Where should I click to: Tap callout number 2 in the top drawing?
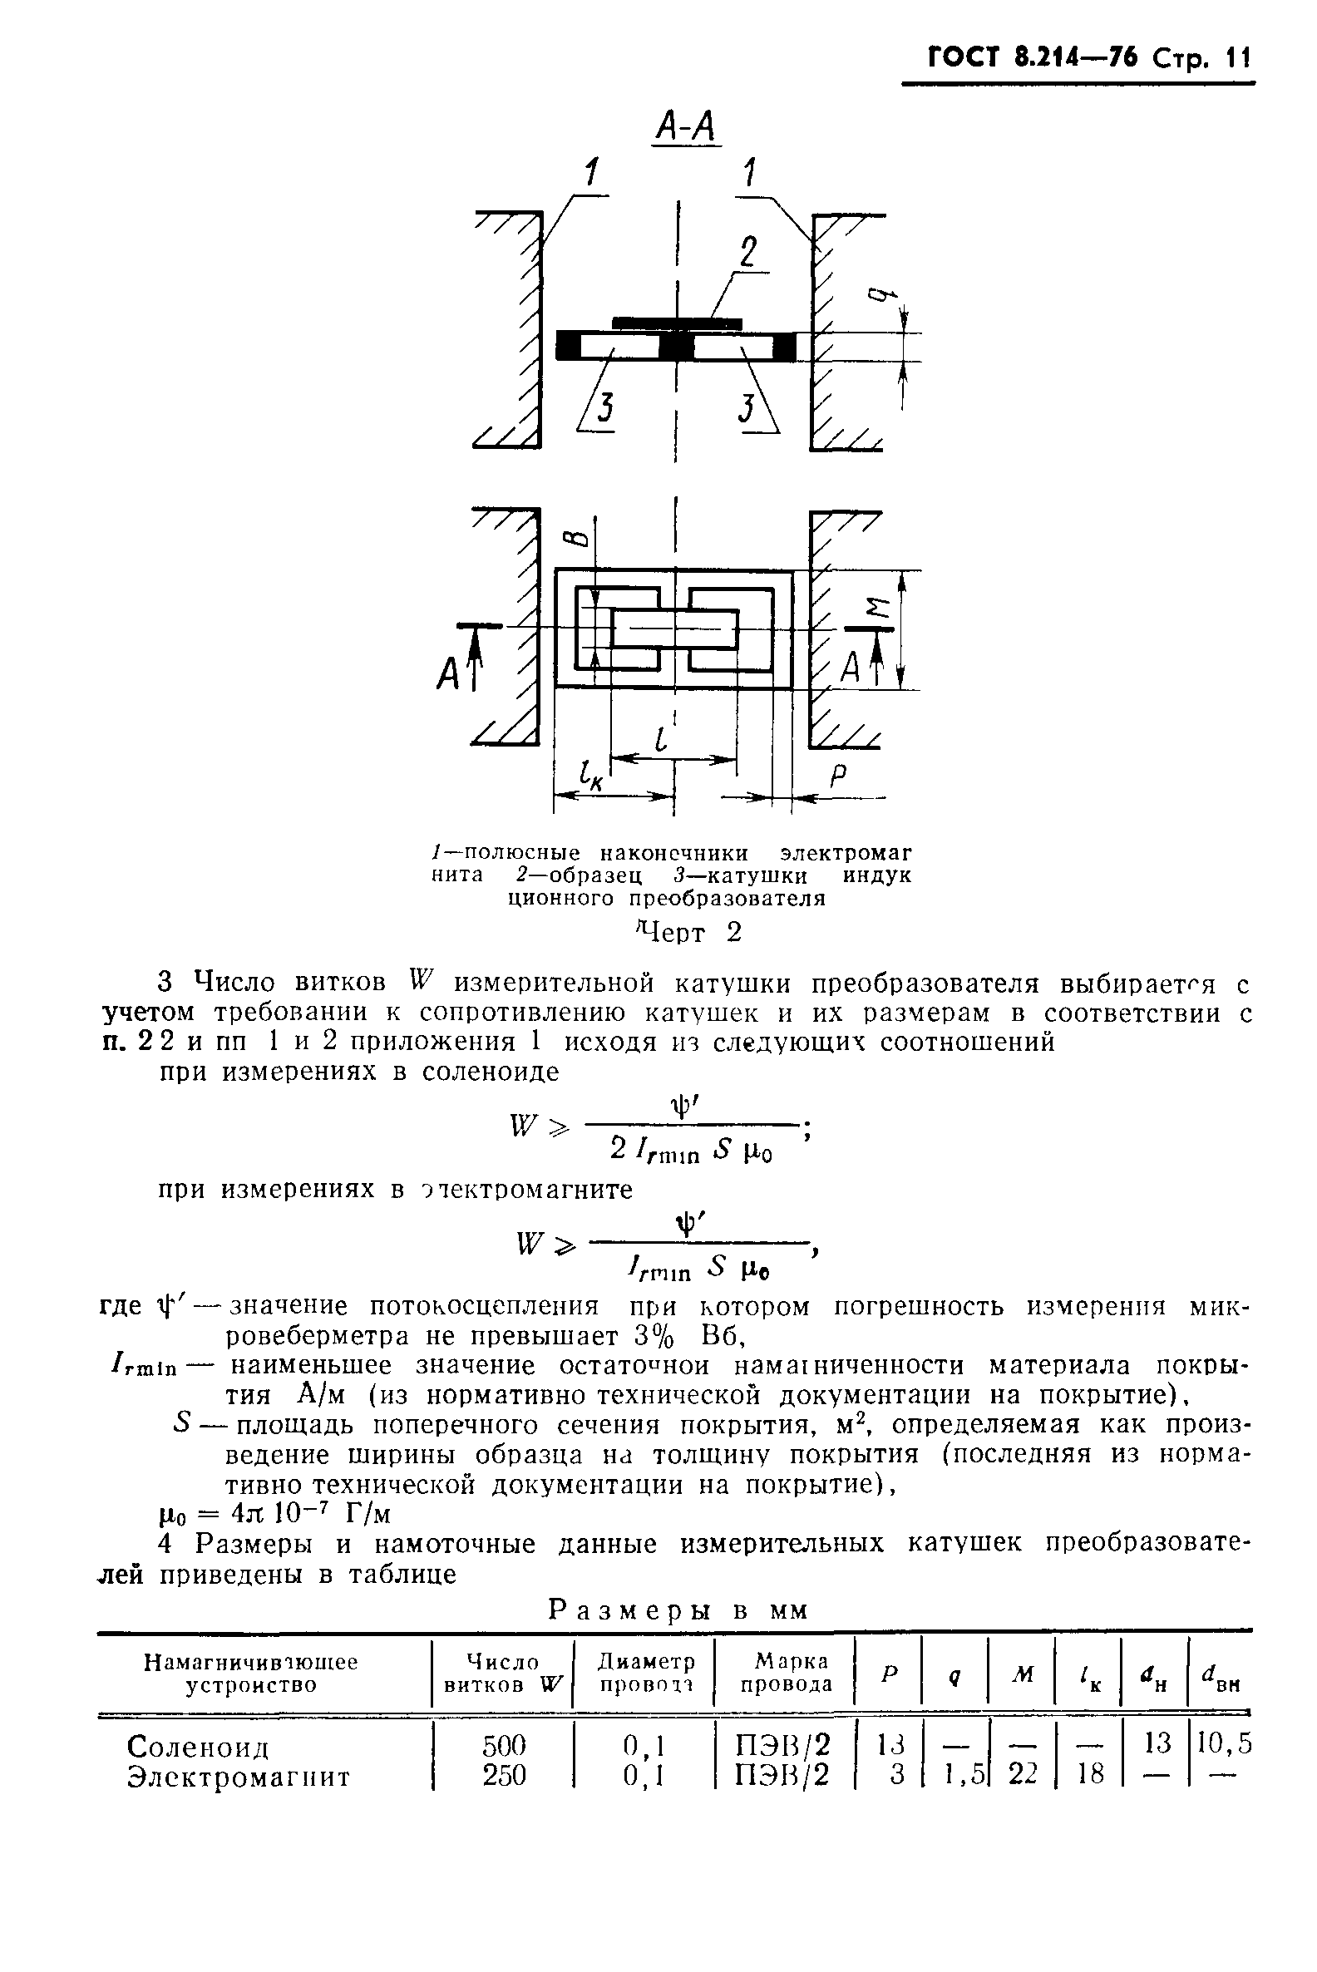pos(747,253)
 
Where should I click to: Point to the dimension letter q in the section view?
pos(879,295)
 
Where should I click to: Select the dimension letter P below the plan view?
pos(836,777)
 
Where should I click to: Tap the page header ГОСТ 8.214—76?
pos(1031,58)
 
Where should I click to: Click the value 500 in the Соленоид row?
pos(503,1746)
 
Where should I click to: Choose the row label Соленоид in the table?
pos(198,1748)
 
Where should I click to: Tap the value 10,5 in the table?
pos(1224,1744)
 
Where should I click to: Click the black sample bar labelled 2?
pos(676,323)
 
